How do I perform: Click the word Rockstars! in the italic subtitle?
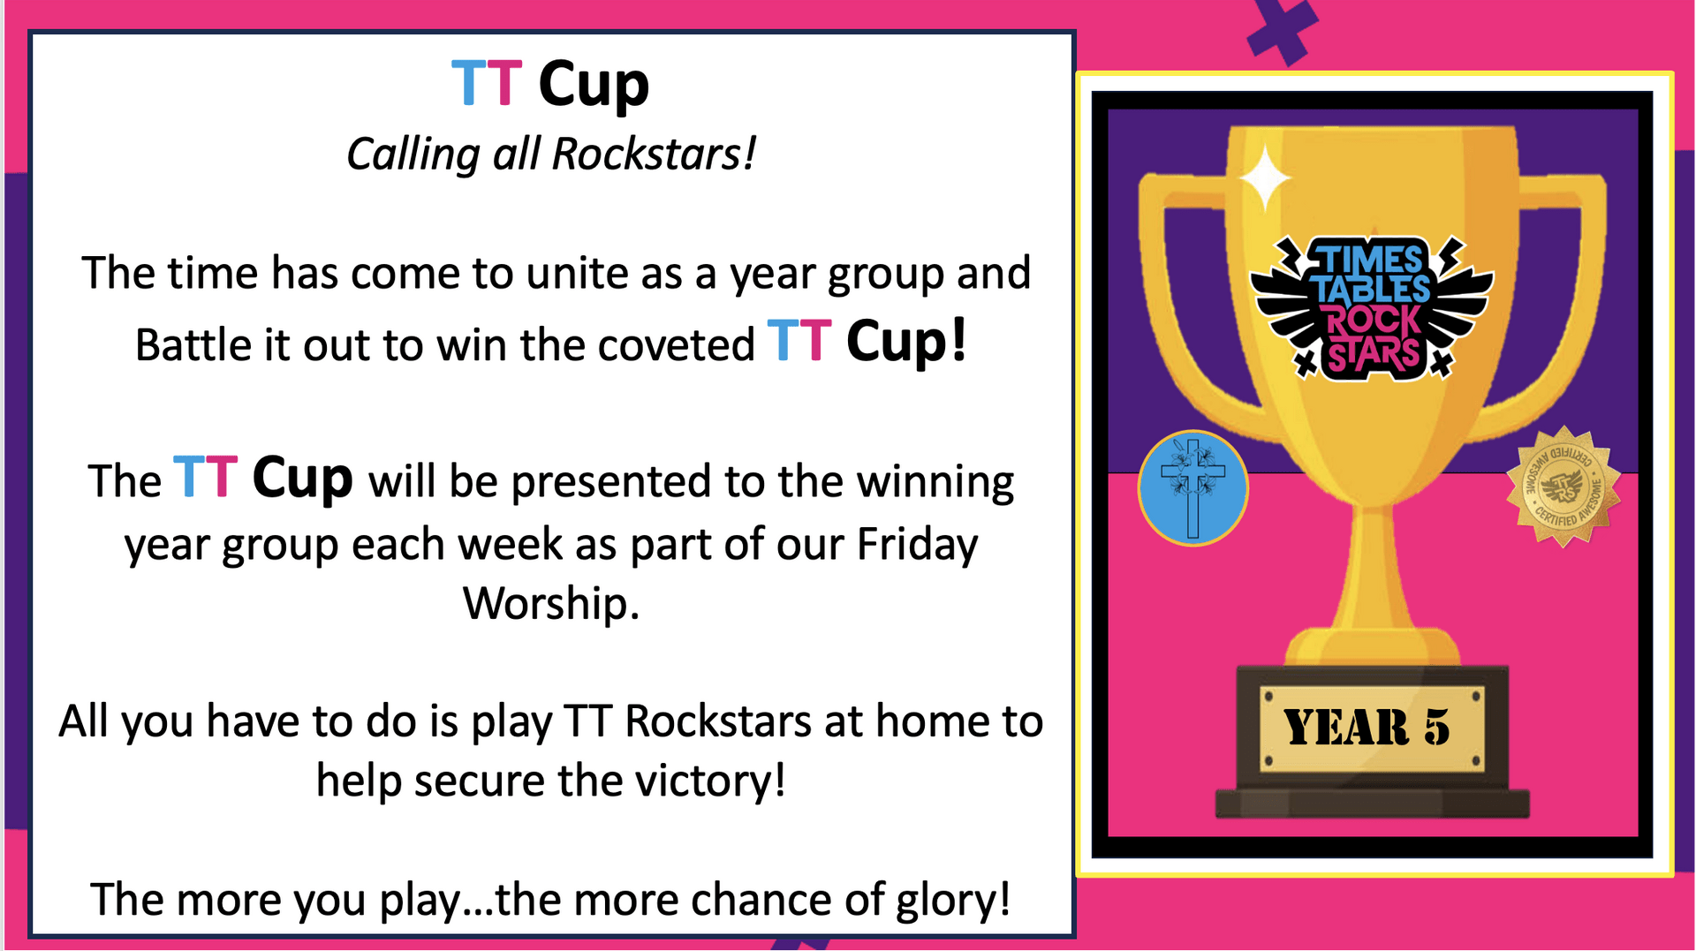pos(654,154)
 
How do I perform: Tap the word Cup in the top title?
pos(594,86)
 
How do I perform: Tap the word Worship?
pos(550,605)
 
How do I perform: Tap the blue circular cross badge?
pos(1192,488)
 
